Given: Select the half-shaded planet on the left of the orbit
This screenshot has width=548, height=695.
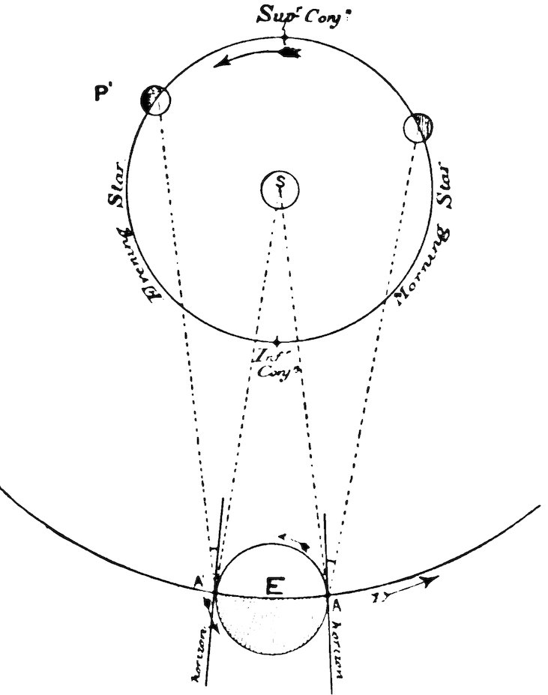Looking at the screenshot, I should point(154,100).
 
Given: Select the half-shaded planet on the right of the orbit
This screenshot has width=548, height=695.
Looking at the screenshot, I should point(418,127).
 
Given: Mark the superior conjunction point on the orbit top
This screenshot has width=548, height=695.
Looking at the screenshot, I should point(284,37).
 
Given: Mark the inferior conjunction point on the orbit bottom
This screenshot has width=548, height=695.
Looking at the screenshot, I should point(278,342).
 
